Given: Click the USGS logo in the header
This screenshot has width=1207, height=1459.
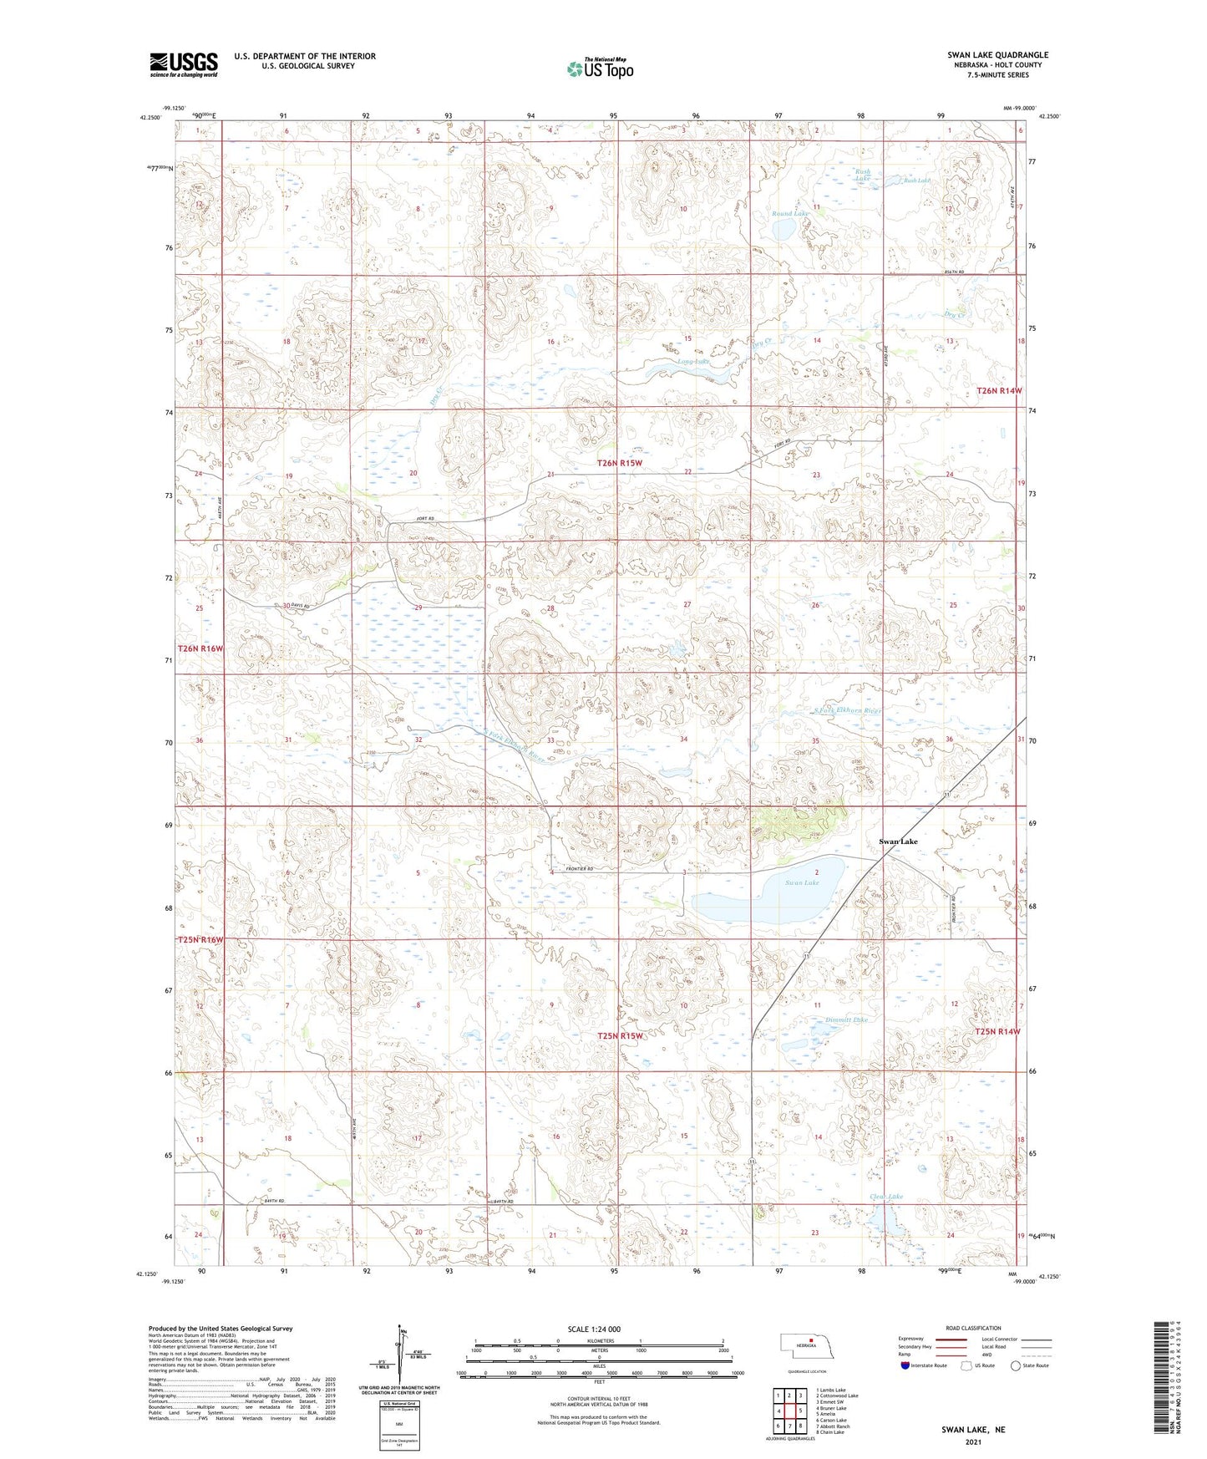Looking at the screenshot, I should [184, 64].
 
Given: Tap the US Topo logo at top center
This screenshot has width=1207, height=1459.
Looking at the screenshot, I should [599, 69].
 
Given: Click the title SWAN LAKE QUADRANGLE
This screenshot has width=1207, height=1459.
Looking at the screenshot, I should [997, 55].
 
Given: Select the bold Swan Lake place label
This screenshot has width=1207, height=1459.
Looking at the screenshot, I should [898, 841].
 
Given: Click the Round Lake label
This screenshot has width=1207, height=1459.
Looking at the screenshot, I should [789, 214].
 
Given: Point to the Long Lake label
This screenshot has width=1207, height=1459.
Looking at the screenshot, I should [693, 362].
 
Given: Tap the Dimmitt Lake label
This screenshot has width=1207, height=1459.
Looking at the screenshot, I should [846, 1019].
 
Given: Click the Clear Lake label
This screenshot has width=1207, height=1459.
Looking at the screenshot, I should [885, 1197].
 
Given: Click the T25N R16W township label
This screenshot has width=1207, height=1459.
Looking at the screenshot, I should [200, 940].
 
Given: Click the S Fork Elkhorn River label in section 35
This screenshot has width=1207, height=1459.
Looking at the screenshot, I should [848, 710].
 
